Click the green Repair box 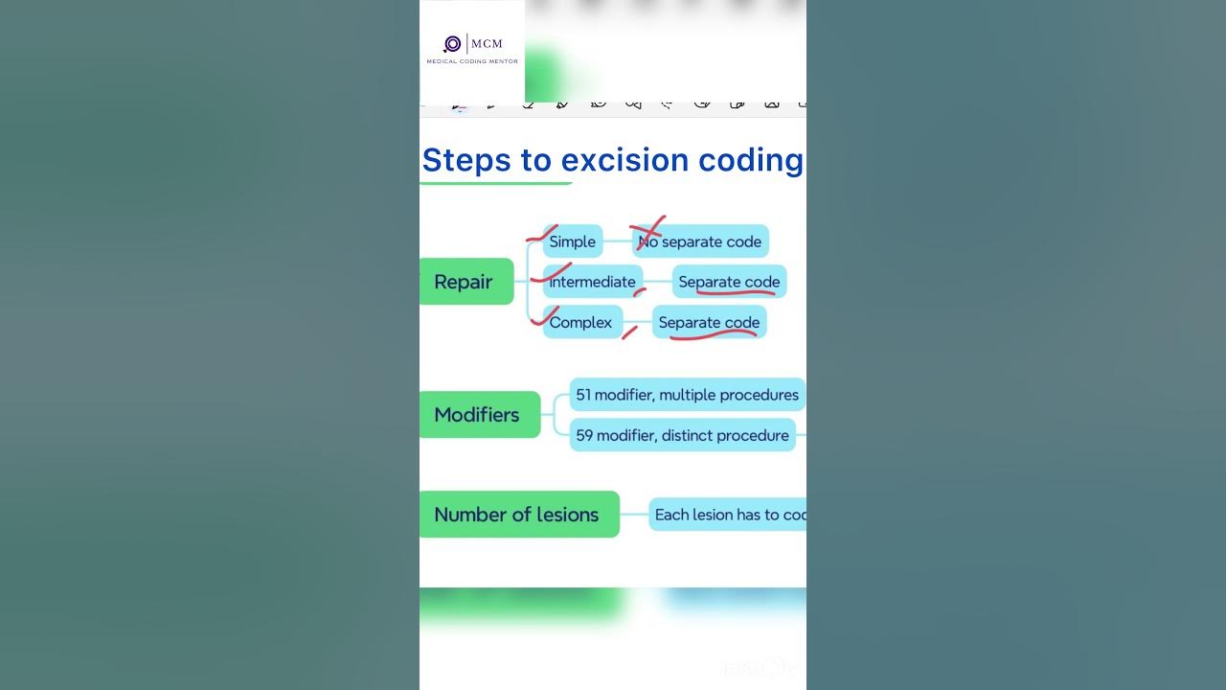pyautogui.click(x=465, y=282)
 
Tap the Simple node pyautogui.click(x=573, y=241)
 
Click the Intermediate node pyautogui.click(x=593, y=282)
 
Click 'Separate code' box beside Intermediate pyautogui.click(x=729, y=282)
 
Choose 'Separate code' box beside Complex pyautogui.click(x=709, y=322)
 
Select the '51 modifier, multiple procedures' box pyautogui.click(x=687, y=395)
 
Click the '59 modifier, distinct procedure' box pyautogui.click(x=682, y=435)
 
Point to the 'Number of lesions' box pyautogui.click(x=518, y=515)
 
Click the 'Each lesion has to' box pyautogui.click(x=728, y=515)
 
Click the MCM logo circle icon pyautogui.click(x=453, y=44)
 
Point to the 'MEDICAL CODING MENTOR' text pyautogui.click(x=472, y=61)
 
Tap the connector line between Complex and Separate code pyautogui.click(x=638, y=323)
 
